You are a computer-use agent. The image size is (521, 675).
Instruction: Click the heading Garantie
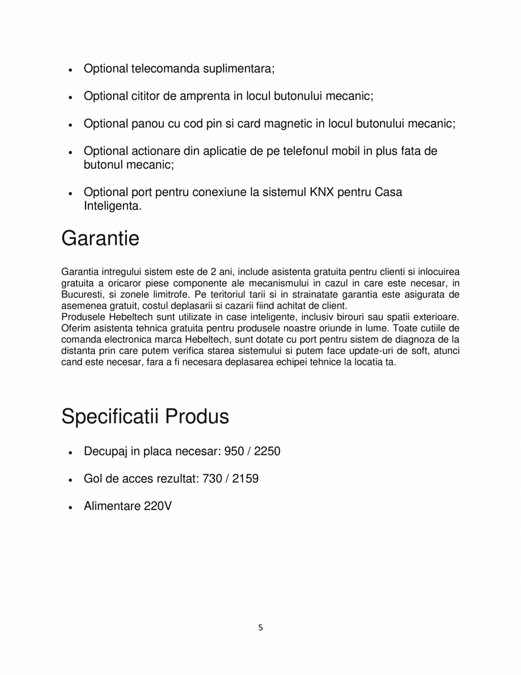coord(100,239)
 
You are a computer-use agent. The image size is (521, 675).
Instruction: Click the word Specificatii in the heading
coord(110,417)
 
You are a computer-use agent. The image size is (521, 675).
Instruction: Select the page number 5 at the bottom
coord(260,627)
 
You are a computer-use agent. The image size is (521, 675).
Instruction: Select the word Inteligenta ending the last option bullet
coord(111,206)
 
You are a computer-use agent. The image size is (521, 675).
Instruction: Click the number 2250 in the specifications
coord(268,452)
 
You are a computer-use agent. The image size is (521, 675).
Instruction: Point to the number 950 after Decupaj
coord(234,452)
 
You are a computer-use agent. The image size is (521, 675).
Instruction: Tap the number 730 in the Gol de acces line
coord(213,479)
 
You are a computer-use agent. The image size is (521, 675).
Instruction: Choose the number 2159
coord(245,479)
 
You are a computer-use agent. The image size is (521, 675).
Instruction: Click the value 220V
coord(158,506)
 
